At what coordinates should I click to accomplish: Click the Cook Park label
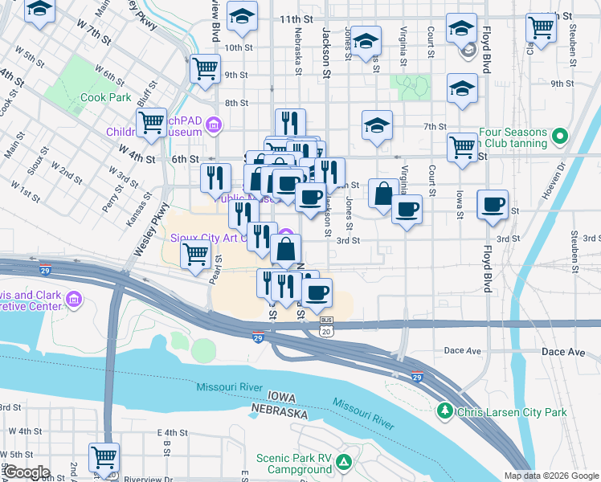(105, 97)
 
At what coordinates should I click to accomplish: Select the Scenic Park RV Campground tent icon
(344, 462)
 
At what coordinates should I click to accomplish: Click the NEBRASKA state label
(279, 412)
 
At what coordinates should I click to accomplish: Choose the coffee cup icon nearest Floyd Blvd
(493, 204)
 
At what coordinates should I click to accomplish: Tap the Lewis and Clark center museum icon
(74, 300)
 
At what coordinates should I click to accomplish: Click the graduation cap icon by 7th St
(377, 125)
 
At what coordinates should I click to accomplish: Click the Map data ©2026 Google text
(551, 476)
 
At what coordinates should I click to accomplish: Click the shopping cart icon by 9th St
(205, 67)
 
